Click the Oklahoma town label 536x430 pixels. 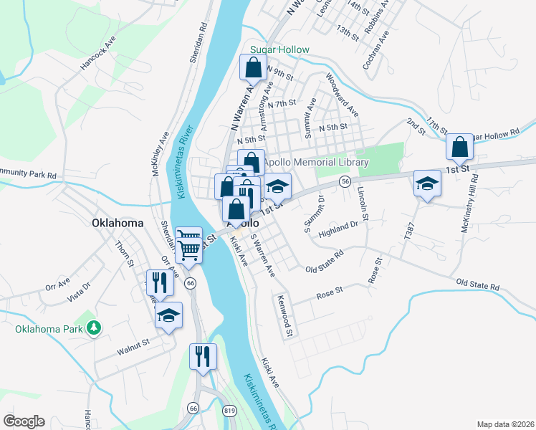(118, 223)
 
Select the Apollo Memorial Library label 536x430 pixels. (315, 163)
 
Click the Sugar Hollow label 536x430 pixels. (279, 50)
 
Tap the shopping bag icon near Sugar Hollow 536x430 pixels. (254, 69)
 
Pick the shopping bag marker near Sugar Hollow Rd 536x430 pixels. (460, 148)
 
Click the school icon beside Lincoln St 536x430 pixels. (427, 183)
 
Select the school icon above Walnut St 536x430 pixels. (168, 316)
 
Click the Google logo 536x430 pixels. (24, 421)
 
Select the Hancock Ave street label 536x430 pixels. (97, 53)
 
